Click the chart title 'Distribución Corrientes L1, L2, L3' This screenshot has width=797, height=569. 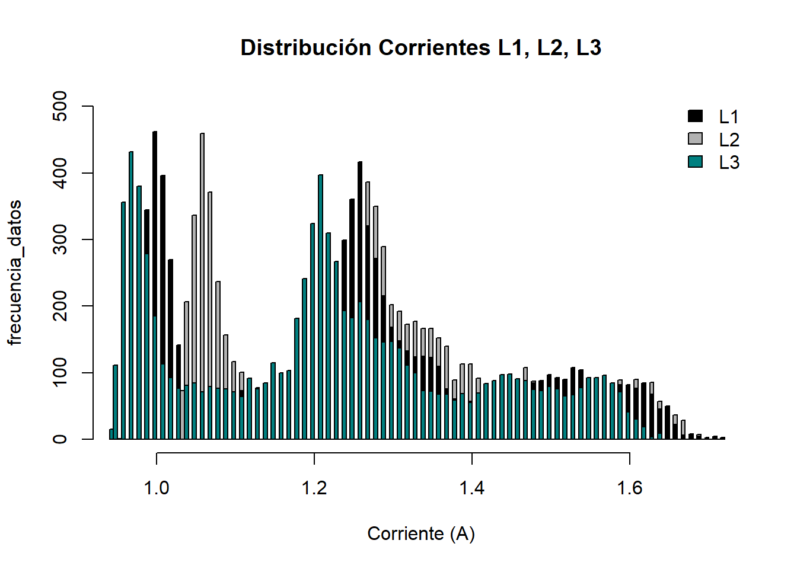(420, 47)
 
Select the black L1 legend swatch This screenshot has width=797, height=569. (695, 116)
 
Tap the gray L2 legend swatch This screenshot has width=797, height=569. (695, 139)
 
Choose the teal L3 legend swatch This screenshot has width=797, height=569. (695, 161)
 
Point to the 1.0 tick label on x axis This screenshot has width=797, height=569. (157, 488)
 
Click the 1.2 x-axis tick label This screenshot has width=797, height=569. (314, 488)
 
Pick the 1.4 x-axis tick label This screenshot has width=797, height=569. (472, 488)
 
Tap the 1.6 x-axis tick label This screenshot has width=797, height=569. (629, 488)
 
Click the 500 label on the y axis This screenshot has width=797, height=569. (60, 106)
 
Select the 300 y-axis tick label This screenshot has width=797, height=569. (60, 239)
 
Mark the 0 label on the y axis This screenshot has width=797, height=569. (60, 439)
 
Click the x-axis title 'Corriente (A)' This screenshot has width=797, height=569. (421, 533)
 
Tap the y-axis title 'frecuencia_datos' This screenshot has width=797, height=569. (15, 273)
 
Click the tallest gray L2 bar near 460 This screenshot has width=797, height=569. (202, 237)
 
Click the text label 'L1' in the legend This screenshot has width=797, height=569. (729, 117)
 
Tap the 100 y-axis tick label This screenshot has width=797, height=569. (60, 373)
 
